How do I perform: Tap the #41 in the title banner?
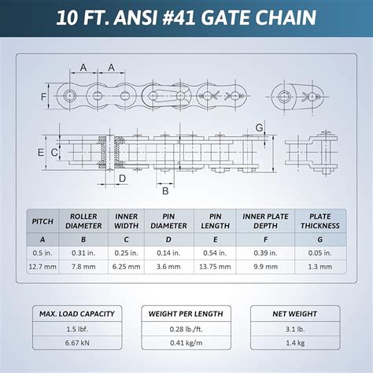[x=179, y=18]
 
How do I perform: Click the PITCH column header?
[x=42, y=221]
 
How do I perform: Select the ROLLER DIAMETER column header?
[x=83, y=221]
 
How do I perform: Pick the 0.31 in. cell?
[x=83, y=253]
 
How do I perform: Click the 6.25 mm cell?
[x=126, y=267]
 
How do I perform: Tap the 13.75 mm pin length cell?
[x=215, y=267]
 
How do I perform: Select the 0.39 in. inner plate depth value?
[x=265, y=253]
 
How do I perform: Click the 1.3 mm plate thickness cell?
[x=320, y=267]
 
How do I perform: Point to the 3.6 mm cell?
[x=168, y=267]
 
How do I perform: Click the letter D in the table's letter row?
[x=168, y=239]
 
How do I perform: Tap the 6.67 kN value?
[x=77, y=343]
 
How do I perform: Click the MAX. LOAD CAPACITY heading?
[x=77, y=314]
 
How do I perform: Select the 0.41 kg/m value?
[x=186, y=343]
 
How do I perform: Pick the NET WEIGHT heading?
[x=295, y=314]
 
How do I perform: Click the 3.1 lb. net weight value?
[x=295, y=329]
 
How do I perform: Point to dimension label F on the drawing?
[x=43, y=97]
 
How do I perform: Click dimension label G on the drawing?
[x=259, y=127]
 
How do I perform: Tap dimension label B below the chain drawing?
[x=165, y=191]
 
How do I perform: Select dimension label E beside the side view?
[x=41, y=153]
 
